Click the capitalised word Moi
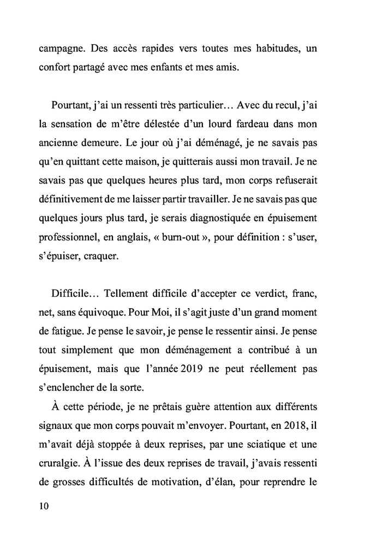pyautogui.click(x=187, y=315)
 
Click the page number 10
pyautogui.click(x=44, y=506)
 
